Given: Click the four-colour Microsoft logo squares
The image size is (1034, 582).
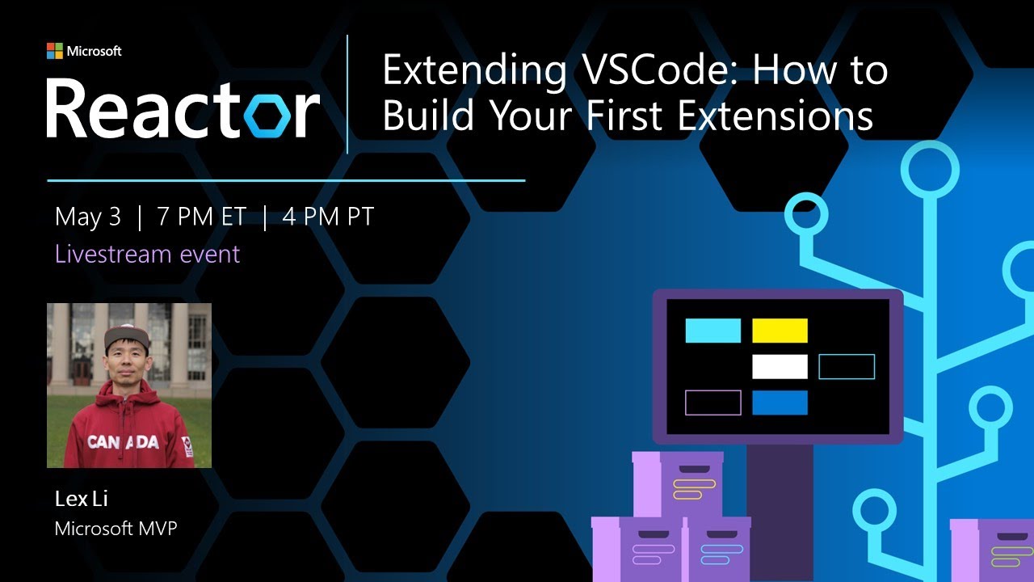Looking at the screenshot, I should tap(55, 51).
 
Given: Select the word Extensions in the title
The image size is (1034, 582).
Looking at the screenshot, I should tap(775, 115).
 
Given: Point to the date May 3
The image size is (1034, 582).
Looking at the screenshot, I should tap(87, 217).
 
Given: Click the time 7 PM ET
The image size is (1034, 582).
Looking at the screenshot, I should tap(202, 217).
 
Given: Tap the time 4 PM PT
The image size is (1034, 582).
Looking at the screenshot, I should tap(328, 217).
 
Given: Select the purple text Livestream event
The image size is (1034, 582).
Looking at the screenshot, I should tap(147, 254).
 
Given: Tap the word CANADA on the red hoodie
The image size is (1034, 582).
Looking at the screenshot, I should tap(123, 441).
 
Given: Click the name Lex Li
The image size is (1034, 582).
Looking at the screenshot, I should tap(82, 499).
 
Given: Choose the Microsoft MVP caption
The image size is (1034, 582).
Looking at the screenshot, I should tap(116, 529).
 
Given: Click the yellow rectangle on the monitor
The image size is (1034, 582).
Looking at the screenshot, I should tap(780, 331).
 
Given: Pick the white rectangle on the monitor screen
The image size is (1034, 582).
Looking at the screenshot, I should tap(780, 366).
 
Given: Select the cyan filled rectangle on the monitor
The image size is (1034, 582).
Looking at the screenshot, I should tap(712, 331).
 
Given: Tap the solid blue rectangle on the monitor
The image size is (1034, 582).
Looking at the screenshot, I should tap(780, 403).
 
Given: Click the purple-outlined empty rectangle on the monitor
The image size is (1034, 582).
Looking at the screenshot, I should tap(712, 403).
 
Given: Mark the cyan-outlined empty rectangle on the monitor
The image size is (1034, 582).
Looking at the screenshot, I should tap(847, 366).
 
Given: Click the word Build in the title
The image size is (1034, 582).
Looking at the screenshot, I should tap(427, 115).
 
